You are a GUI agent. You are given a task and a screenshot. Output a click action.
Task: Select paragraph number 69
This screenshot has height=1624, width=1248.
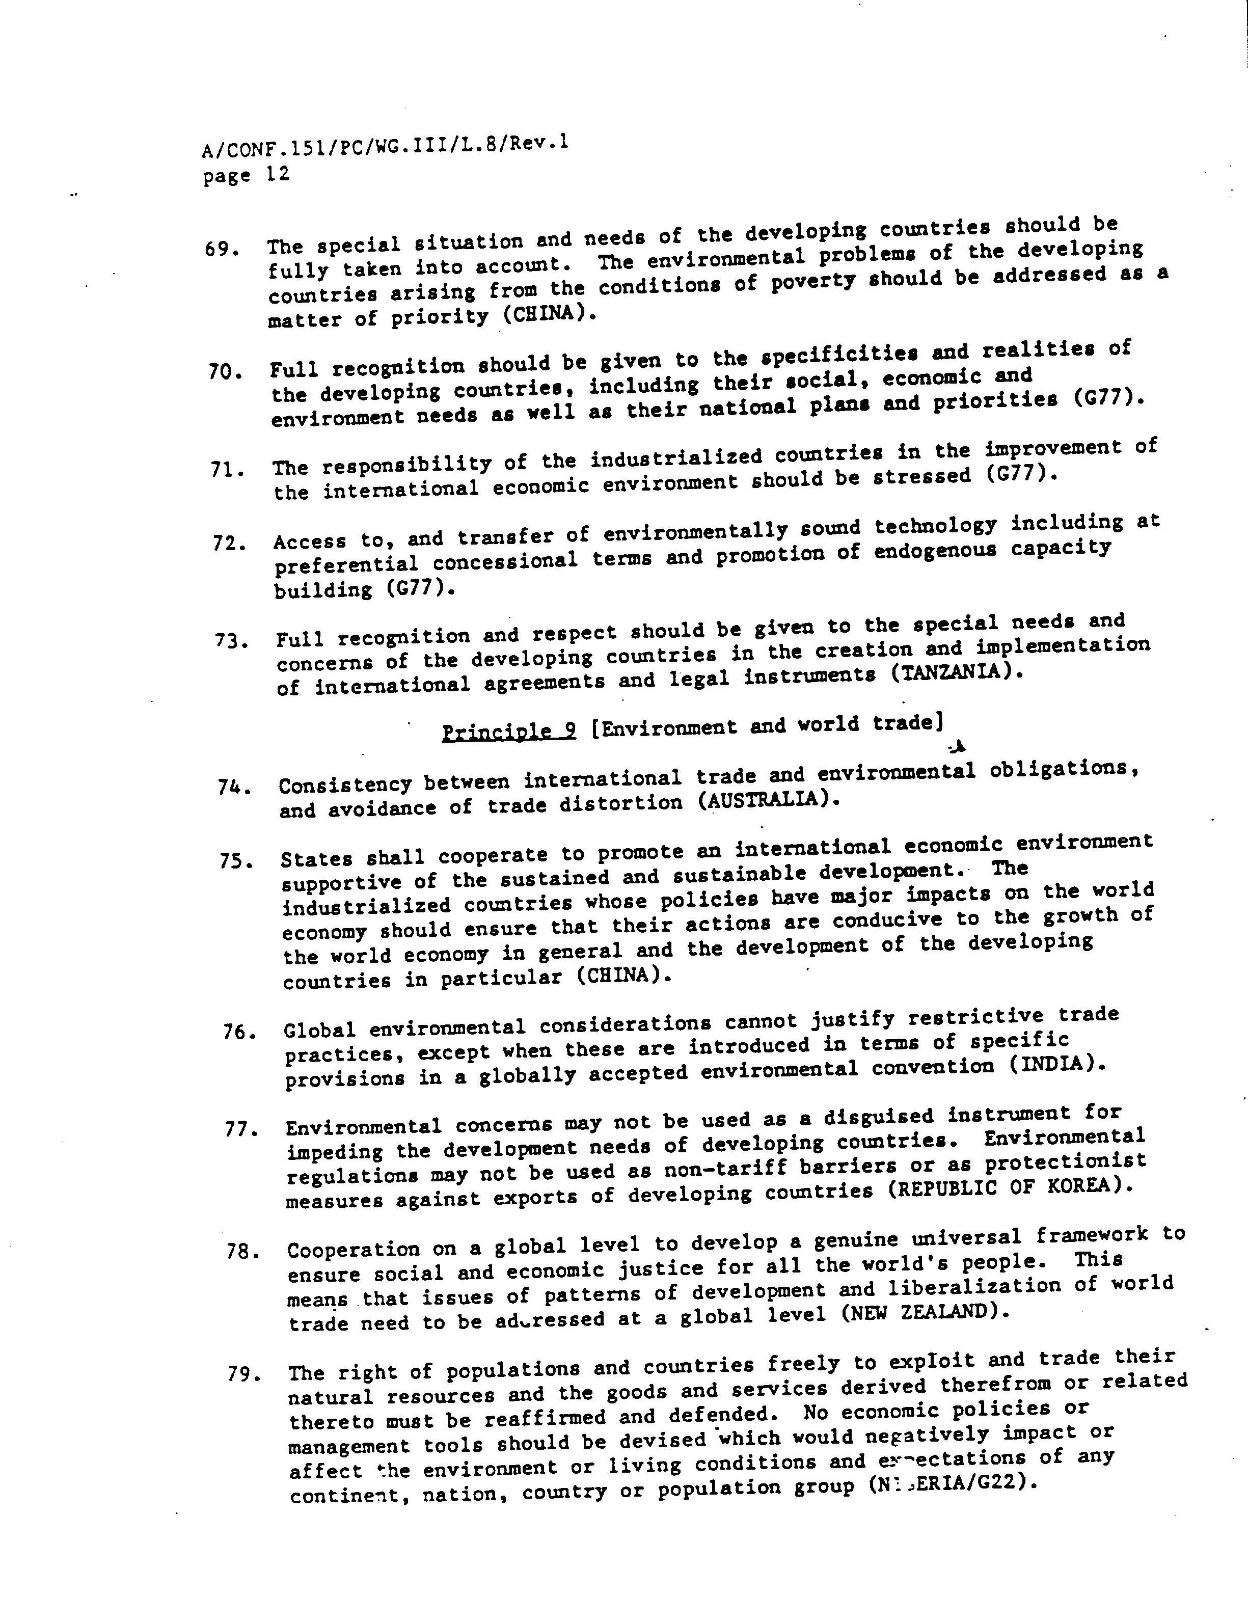[x=222, y=250]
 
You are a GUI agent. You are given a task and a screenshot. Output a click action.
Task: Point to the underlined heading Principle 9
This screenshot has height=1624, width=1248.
[x=509, y=732]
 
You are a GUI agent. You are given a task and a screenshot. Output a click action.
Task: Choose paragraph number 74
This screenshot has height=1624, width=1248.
[x=232, y=787]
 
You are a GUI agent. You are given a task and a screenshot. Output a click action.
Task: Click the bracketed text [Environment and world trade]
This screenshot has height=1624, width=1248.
[x=767, y=725]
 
